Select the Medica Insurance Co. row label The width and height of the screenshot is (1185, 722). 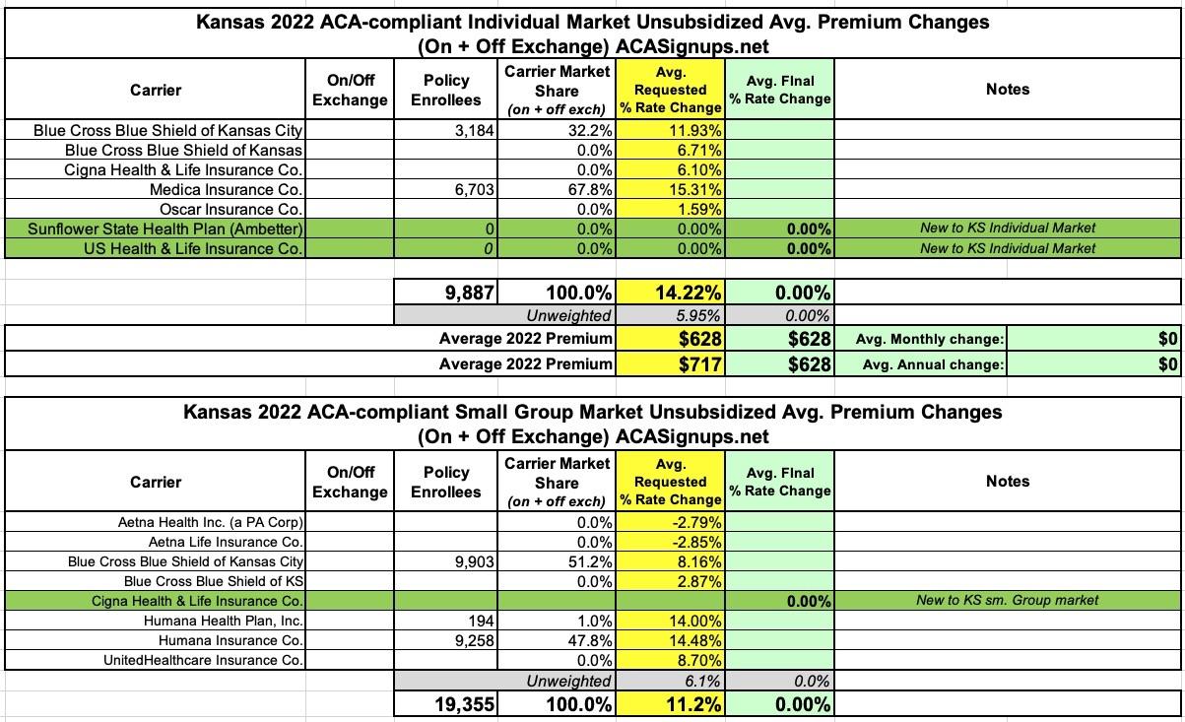point(226,189)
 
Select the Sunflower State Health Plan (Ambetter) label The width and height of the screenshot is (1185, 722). point(165,229)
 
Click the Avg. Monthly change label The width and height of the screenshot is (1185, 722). point(930,340)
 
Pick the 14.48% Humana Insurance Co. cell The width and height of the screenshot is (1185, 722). point(695,640)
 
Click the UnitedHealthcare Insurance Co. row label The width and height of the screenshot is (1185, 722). point(204,660)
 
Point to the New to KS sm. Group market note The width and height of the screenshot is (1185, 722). point(1007,600)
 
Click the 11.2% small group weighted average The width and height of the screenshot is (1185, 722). point(690,704)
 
